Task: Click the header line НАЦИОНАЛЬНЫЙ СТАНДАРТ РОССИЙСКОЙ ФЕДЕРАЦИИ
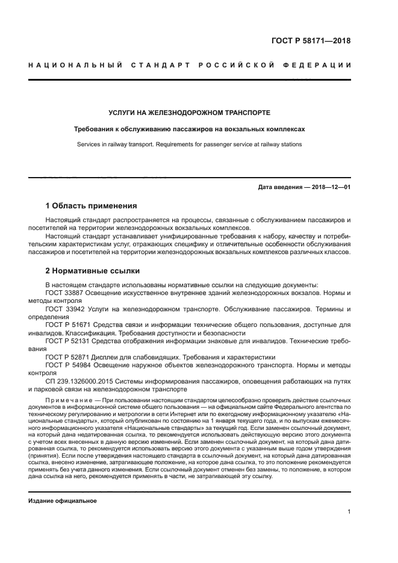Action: [190, 65]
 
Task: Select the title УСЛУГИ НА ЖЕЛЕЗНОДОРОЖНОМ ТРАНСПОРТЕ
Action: [189, 113]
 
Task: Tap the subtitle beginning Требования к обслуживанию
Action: [189, 129]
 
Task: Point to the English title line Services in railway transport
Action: [189, 145]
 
